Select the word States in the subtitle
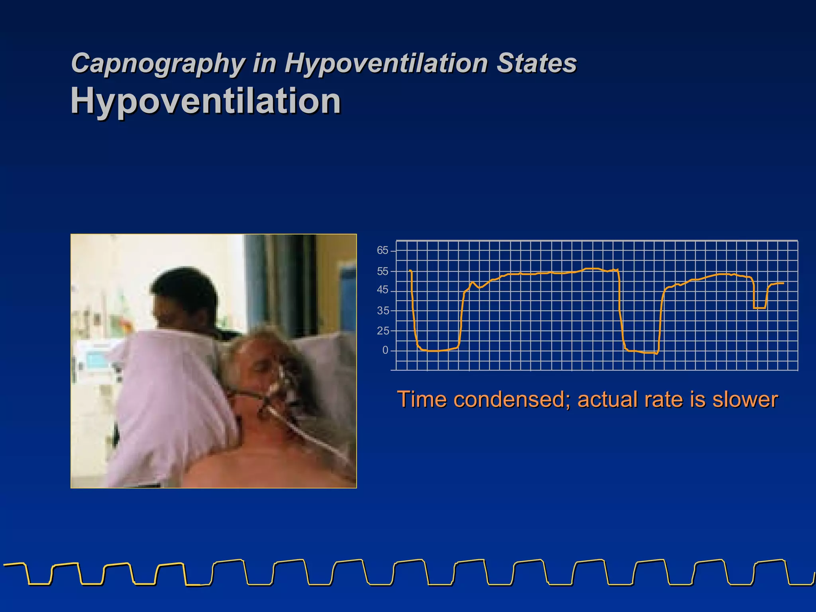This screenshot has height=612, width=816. click(x=536, y=63)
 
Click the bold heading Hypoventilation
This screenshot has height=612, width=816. click(x=206, y=101)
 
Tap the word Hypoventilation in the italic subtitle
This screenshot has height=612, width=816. click(x=386, y=63)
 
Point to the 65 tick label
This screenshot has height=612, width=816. click(x=382, y=251)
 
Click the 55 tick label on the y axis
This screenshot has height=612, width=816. click(x=382, y=272)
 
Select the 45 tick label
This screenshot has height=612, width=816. click(x=382, y=290)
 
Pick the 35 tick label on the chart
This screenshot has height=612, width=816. click(x=382, y=311)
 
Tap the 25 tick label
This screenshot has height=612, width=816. click(x=382, y=331)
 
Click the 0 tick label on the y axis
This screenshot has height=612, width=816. click(x=385, y=350)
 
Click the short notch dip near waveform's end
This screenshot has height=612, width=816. click(x=759, y=308)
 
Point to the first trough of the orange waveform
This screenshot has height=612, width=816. click(x=436, y=351)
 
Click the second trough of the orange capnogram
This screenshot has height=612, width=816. click(x=641, y=352)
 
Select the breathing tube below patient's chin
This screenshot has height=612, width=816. click(x=303, y=430)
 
